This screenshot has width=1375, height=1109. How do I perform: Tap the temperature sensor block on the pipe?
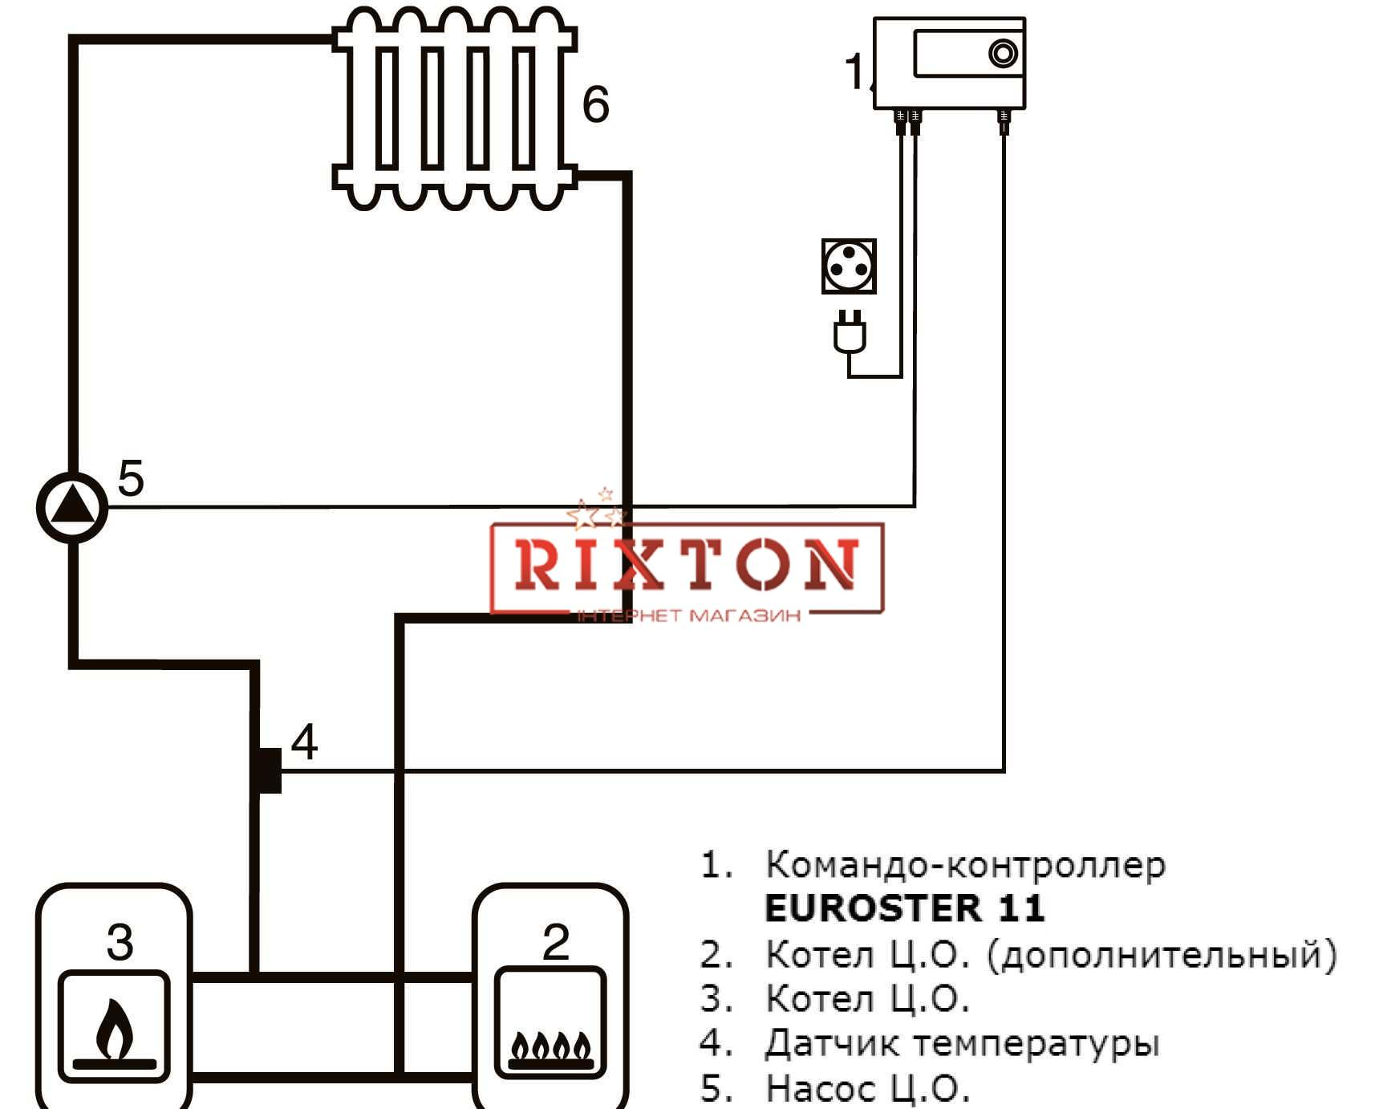point(269,770)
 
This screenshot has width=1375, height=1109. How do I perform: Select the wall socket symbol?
point(849,266)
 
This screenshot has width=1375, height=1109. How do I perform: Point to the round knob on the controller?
point(1004,54)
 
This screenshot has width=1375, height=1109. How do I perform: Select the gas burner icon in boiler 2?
point(551,1050)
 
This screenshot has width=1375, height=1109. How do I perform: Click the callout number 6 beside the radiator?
point(595,104)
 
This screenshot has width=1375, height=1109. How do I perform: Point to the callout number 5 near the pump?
point(131,478)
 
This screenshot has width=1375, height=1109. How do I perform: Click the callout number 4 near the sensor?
point(304,741)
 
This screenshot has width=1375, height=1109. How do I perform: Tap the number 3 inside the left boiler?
point(120,942)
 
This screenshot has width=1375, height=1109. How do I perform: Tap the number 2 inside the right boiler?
point(556,941)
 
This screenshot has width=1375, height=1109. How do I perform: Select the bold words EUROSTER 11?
point(905,908)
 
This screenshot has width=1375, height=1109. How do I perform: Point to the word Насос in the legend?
point(821,1089)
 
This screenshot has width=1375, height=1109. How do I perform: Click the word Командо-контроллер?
point(966,865)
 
